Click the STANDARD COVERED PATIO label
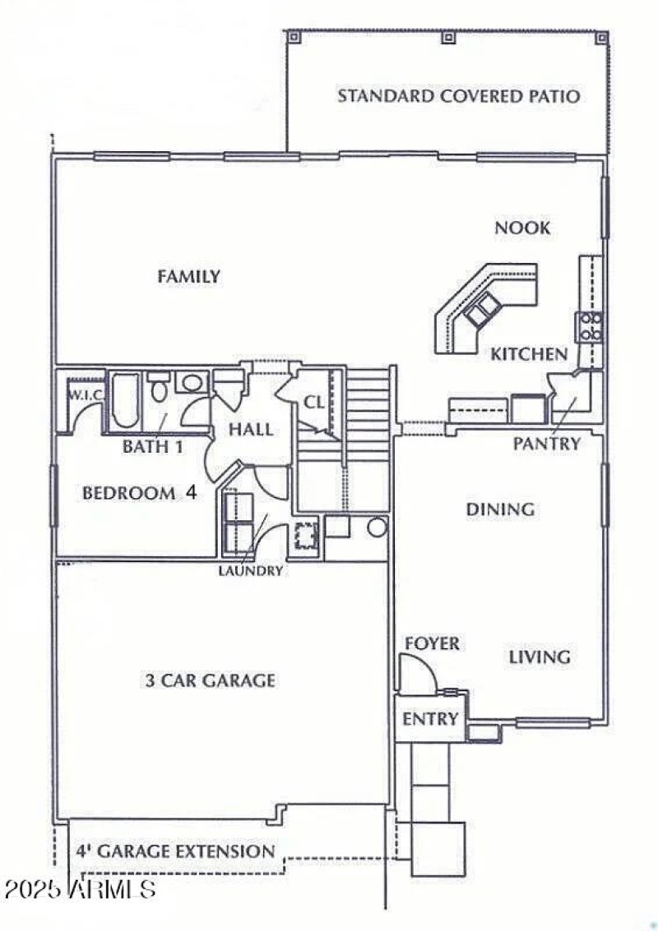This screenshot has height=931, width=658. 458,96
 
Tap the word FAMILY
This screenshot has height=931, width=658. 188,277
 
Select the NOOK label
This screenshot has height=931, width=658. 522,228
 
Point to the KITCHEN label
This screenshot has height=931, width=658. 529,354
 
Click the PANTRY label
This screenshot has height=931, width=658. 547,444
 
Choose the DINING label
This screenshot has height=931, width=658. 500,509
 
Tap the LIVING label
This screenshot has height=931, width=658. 539,657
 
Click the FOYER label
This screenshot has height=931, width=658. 432,643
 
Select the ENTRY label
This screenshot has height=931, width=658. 429,720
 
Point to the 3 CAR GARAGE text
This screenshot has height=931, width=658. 210,680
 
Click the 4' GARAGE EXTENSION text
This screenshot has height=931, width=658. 175,851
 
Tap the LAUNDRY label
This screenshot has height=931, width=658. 251,570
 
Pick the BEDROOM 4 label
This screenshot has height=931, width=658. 139,494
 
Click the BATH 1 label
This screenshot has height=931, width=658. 152,447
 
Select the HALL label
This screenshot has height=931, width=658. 251,429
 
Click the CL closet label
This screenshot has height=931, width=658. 314,403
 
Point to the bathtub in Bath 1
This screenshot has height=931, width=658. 125,402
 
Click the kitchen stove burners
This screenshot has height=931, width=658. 591,326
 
